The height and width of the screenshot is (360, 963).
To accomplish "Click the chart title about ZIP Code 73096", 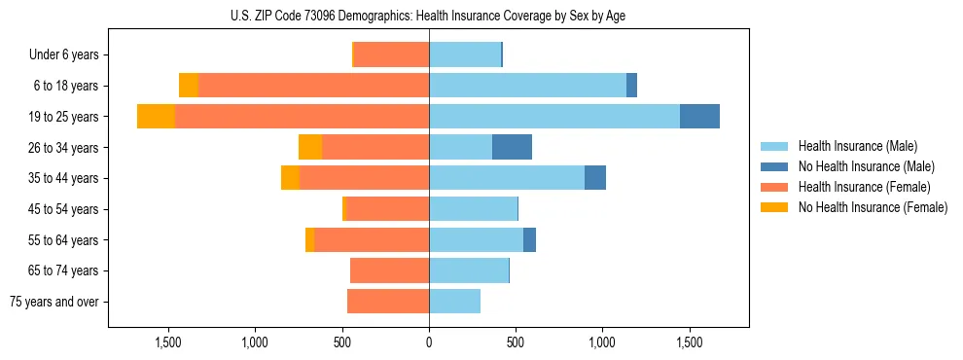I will [429, 16].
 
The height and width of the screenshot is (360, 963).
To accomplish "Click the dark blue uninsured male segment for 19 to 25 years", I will [699, 117].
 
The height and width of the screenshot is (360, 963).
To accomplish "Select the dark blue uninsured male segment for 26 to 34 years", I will [512, 148].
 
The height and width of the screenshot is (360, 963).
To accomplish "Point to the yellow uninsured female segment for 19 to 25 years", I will [156, 117].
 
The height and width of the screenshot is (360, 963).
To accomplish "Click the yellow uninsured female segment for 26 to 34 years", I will [310, 148].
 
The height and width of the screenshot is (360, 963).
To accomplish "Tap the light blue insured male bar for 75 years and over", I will [454, 302].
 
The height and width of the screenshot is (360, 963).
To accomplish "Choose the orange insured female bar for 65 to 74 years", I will [389, 270].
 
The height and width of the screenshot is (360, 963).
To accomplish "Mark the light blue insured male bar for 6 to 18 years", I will [527, 86].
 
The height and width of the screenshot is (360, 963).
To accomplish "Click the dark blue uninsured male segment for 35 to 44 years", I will [595, 178].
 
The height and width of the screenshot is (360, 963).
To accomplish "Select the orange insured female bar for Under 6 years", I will [391, 54].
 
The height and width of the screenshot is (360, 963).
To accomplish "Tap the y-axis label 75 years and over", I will [53, 302].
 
